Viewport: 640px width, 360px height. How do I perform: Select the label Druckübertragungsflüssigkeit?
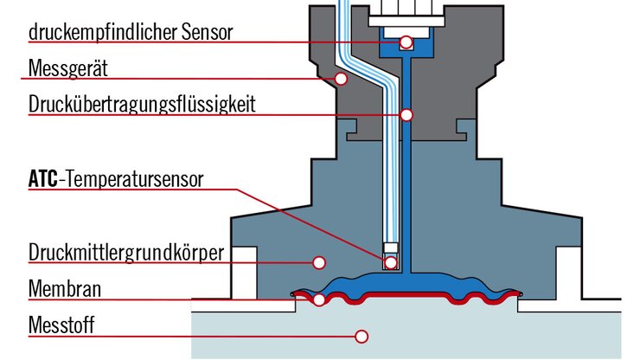142,106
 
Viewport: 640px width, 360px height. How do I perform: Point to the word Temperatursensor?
134,180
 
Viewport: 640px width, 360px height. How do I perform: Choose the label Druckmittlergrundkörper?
126,253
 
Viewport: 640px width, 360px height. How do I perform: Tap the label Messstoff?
61,325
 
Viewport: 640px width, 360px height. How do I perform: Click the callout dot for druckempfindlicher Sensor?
406,42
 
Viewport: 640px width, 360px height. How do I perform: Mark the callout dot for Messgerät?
342,79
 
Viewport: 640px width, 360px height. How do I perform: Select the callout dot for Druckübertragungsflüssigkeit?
406,114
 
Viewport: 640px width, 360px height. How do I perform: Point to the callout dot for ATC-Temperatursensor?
391,261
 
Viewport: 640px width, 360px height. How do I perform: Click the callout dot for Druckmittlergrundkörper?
318,261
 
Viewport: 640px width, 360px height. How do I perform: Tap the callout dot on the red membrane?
320,299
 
